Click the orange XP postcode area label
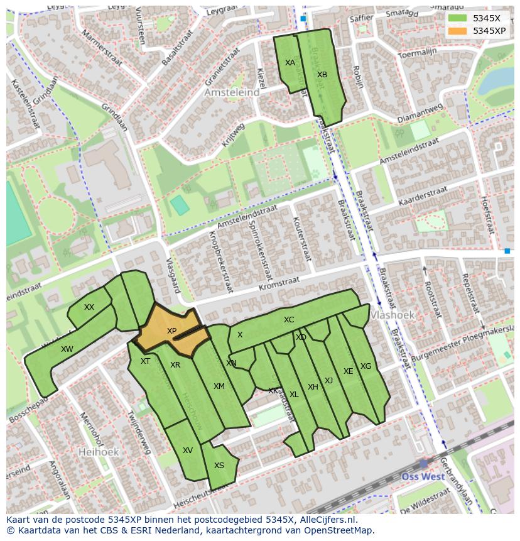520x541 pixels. tap(171, 331)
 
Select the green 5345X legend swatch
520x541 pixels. tap(458, 18)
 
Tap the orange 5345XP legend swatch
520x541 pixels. tap(458, 31)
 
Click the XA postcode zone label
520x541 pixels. tap(290, 63)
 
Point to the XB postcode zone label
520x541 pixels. tap(322, 75)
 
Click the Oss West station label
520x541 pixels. tap(423, 476)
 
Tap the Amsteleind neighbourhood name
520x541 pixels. tap(232, 92)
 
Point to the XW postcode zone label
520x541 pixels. tap(67, 349)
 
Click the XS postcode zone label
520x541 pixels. tap(219, 466)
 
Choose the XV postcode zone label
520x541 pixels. tap(187, 451)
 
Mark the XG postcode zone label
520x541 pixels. tap(366, 366)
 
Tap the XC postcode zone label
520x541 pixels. tap(288, 320)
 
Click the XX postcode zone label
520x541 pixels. tap(89, 307)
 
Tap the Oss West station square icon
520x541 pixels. tap(423, 463)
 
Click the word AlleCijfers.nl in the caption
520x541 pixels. tap(327, 520)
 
